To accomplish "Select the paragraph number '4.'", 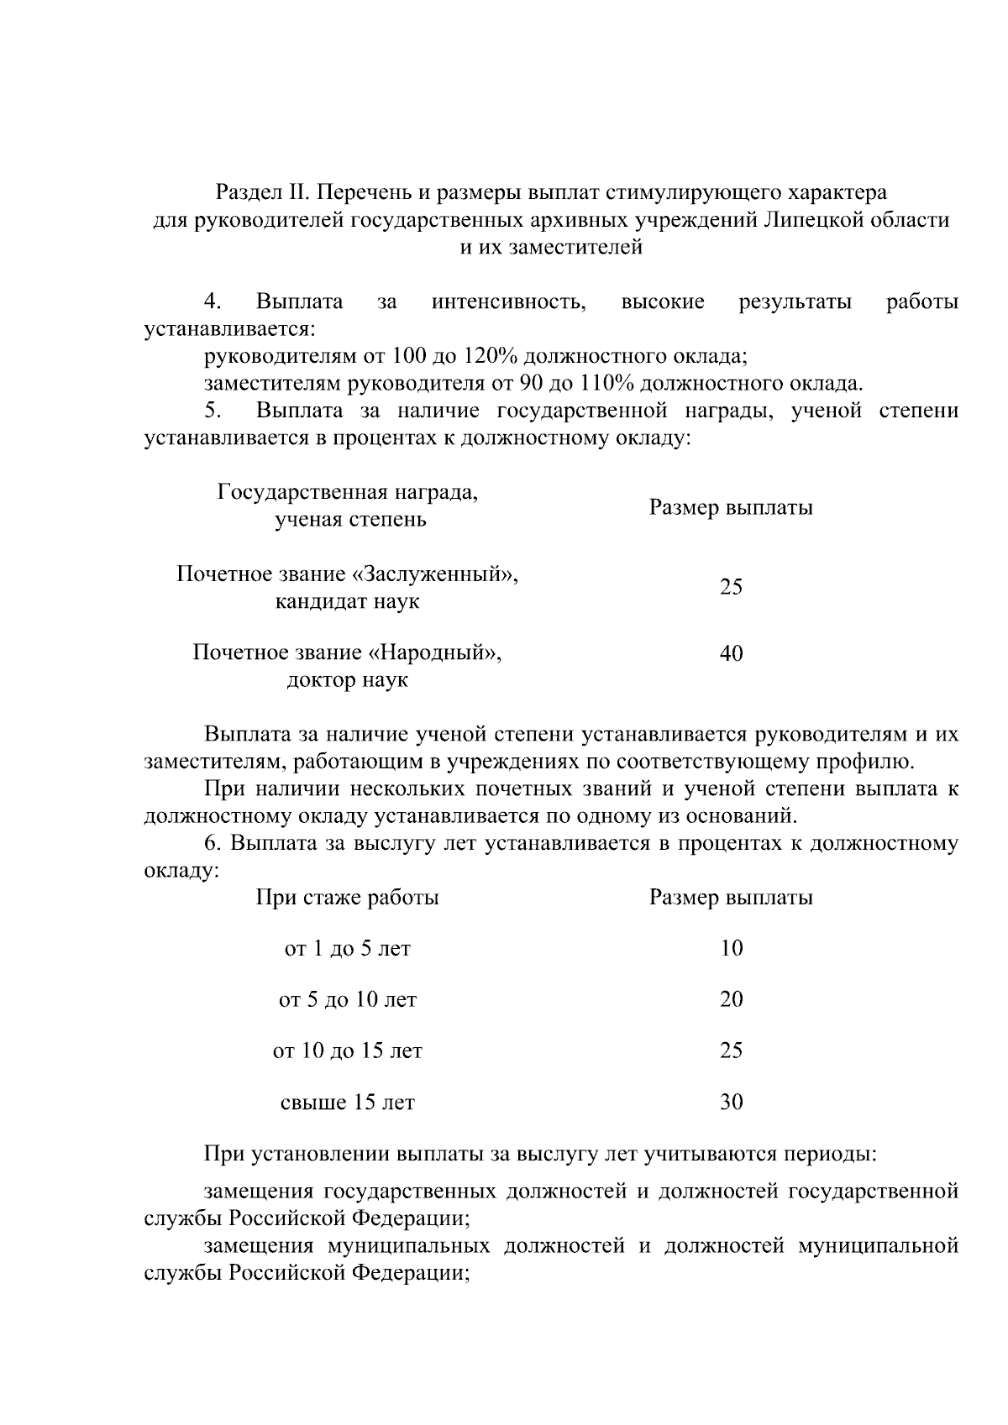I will (213, 301).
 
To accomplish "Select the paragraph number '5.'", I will (213, 411).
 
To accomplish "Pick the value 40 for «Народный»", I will (731, 653).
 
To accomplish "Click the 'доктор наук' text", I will (348, 680).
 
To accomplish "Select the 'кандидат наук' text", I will (348, 602).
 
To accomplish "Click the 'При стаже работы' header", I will (348, 898).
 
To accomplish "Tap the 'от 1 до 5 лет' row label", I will (348, 949).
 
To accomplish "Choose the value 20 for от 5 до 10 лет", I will (731, 999).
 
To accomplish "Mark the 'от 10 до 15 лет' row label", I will (348, 1050).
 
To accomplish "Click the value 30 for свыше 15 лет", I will (731, 1102).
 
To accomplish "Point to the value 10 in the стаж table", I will (731, 949).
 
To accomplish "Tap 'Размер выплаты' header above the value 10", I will (731, 898).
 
